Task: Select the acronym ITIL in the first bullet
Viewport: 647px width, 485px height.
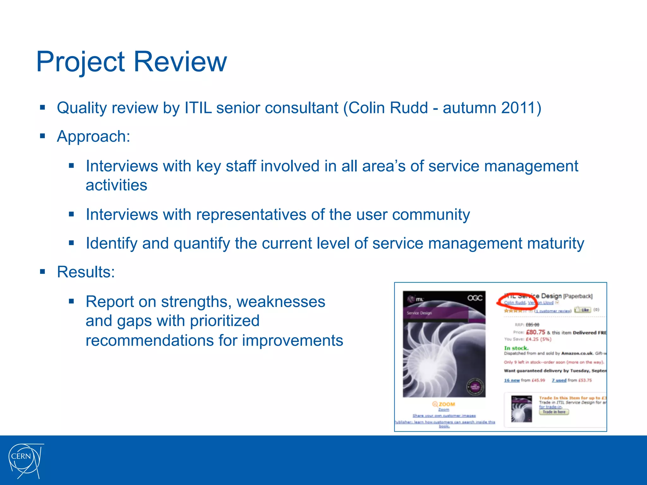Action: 198,108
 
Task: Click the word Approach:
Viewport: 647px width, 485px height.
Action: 94,137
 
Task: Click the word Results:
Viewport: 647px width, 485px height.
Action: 86,272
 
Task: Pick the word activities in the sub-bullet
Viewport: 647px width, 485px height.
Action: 116,185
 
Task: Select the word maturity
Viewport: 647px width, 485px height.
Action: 556,243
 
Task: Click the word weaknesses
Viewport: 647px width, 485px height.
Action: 281,302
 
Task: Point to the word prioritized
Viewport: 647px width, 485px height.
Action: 225,321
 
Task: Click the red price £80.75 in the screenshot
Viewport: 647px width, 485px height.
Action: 535,332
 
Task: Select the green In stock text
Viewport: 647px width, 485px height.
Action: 516,348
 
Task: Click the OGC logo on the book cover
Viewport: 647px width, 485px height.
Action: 475,298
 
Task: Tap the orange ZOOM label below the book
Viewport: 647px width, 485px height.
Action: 444,404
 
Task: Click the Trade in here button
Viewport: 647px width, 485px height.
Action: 554,412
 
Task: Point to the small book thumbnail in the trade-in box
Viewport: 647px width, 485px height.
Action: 522,409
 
